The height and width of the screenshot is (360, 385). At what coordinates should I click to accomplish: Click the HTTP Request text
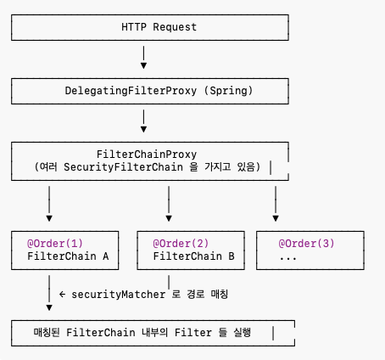click(x=159, y=27)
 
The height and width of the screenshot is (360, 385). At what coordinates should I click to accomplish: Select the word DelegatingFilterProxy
click(x=131, y=91)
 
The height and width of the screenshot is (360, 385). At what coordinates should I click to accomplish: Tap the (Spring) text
click(x=228, y=91)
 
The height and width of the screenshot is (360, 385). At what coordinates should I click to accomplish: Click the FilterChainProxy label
click(x=147, y=155)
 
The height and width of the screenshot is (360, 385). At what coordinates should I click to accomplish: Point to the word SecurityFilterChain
click(x=123, y=167)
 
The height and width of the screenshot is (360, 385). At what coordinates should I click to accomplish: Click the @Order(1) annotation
click(x=55, y=244)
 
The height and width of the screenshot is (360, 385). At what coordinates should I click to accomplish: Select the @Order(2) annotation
click(x=181, y=244)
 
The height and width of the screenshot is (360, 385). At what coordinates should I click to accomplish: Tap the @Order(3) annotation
click(x=306, y=244)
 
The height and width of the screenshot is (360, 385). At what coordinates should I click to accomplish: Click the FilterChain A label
click(x=68, y=256)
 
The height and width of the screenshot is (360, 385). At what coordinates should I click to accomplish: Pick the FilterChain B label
click(x=193, y=256)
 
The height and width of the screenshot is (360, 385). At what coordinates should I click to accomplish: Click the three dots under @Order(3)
click(x=288, y=258)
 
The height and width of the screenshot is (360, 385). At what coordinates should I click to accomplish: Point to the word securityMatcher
click(x=119, y=295)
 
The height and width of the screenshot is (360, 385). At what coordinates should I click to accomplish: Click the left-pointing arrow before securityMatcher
click(x=62, y=295)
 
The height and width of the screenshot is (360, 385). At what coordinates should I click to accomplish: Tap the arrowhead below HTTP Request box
click(x=143, y=65)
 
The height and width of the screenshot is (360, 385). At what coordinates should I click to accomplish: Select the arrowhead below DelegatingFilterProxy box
click(x=143, y=129)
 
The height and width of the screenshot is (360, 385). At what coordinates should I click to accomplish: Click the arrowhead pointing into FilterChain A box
click(x=49, y=218)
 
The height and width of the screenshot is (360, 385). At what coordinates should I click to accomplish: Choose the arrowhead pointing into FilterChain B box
click(x=169, y=218)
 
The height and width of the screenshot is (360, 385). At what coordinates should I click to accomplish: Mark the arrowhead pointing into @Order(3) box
click(x=276, y=218)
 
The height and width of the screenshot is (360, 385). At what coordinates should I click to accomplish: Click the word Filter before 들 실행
click(x=193, y=333)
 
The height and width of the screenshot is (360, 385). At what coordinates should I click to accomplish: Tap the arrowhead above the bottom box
click(x=49, y=307)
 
